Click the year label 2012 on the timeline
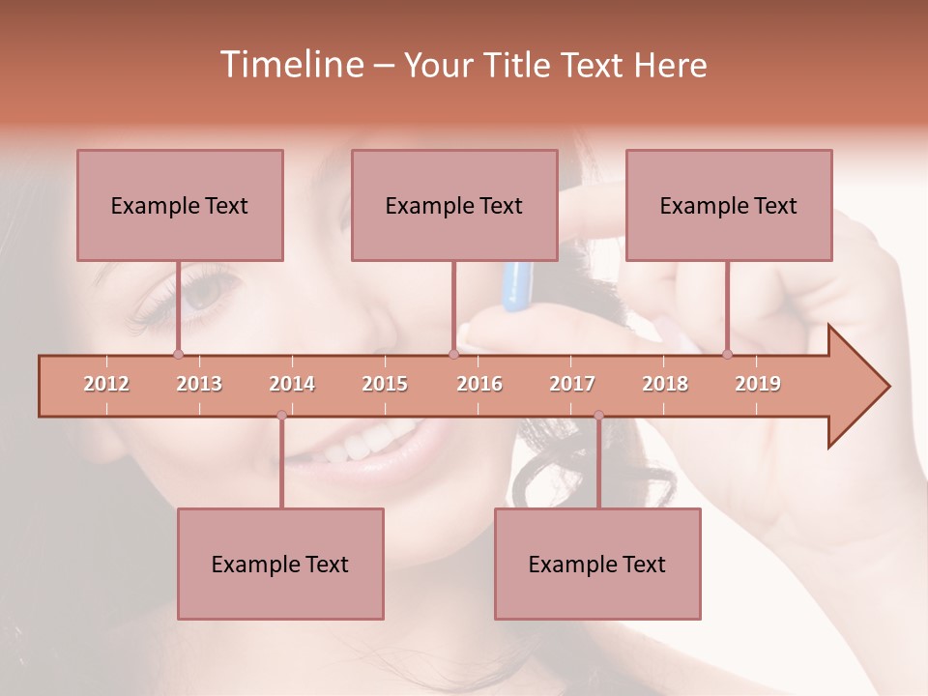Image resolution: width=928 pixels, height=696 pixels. [x=106, y=384]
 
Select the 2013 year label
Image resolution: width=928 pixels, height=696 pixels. [x=199, y=384]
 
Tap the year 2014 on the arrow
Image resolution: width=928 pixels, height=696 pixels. [x=292, y=384]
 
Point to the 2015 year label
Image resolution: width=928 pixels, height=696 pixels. [x=385, y=384]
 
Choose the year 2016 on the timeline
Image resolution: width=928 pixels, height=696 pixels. [x=479, y=384]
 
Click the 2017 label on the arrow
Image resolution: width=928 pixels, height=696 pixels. [x=572, y=384]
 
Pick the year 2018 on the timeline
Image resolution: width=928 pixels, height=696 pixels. [x=665, y=384]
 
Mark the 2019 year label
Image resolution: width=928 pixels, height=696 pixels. [x=758, y=384]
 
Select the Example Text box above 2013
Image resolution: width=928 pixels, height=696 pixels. [x=180, y=205]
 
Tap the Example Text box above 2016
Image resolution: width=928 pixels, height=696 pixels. [x=454, y=205]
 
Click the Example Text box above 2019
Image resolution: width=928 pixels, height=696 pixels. [x=729, y=205]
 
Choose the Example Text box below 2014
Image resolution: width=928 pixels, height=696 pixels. [x=280, y=564]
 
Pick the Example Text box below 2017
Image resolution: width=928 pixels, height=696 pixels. [x=597, y=564]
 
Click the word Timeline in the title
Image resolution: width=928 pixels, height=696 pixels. [x=290, y=65]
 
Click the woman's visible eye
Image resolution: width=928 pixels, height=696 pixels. [x=206, y=293]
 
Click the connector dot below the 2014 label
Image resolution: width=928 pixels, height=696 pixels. [x=281, y=416]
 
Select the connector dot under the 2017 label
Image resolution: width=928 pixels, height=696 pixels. [x=598, y=416]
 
